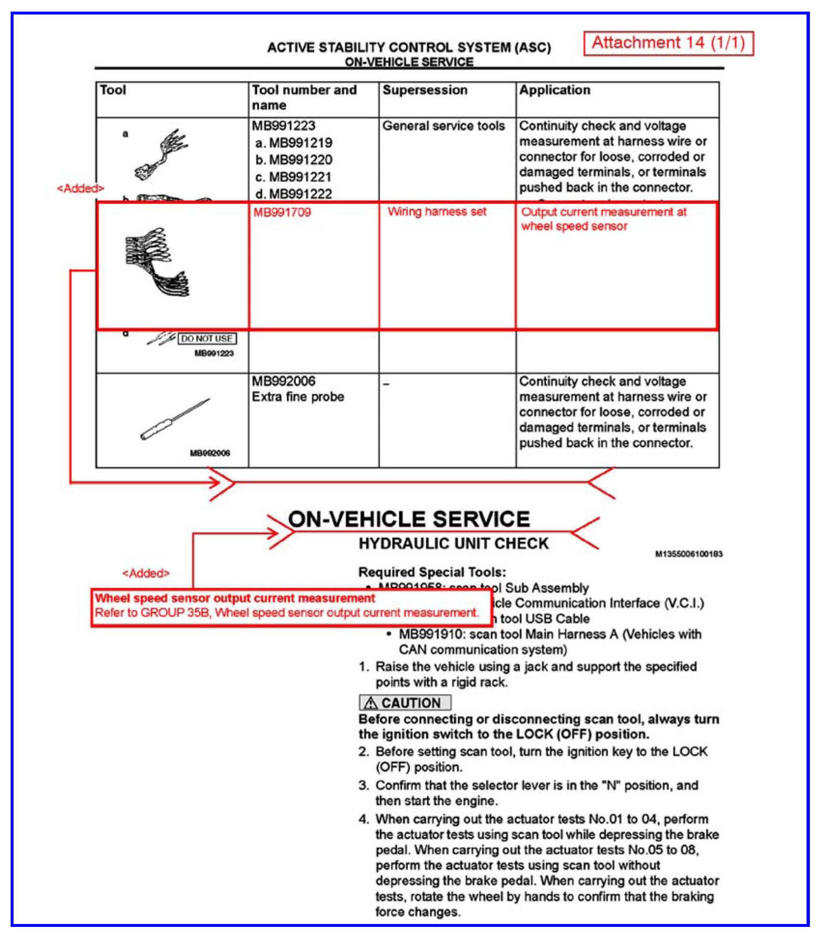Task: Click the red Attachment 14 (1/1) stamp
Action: tap(668, 43)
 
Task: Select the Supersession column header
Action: tap(425, 90)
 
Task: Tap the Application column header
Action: tap(554, 90)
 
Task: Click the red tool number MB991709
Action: tap(282, 212)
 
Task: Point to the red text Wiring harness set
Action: tap(437, 212)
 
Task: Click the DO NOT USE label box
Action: tap(207, 339)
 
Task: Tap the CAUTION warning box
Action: tap(405, 703)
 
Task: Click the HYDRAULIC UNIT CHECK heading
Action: tap(453, 544)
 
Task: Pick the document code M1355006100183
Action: tap(689, 554)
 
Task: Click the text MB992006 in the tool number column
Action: tap(283, 381)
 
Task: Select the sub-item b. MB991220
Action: tap(293, 160)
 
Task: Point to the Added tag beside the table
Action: tap(80, 188)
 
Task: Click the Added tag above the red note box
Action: tap(146, 574)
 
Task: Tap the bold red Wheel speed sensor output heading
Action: tap(235, 598)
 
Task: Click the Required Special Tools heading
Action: tap(432, 572)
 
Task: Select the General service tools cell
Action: tap(443, 126)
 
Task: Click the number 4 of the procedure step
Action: tap(363, 819)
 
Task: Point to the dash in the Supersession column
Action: tap(386, 385)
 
